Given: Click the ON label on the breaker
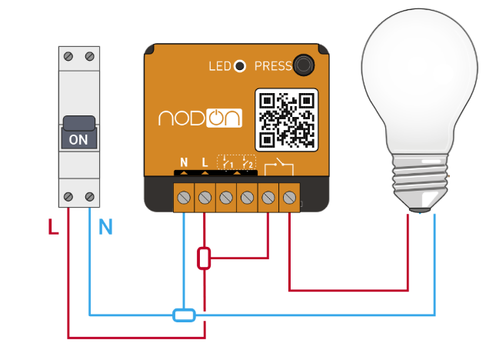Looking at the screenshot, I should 79,141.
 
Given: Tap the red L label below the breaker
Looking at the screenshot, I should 53,228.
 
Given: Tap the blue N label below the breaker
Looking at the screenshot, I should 105,228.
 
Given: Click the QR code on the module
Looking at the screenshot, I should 286,119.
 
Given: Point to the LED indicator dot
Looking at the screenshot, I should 240,66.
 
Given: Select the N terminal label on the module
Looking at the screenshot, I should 184,162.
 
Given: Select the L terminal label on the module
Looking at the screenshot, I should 205,162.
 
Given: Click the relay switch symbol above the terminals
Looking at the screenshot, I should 277,165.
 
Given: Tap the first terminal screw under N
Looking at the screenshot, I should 184,198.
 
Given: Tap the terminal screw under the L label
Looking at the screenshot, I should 205,198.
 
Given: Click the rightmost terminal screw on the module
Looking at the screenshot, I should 289,198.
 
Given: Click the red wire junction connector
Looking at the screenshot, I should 204,258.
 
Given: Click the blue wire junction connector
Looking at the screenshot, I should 184,314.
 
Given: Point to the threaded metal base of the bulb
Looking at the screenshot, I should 421,182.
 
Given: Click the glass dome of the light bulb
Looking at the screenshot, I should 421,85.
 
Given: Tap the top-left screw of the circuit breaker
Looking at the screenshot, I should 69,56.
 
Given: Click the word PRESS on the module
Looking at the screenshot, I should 272,66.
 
